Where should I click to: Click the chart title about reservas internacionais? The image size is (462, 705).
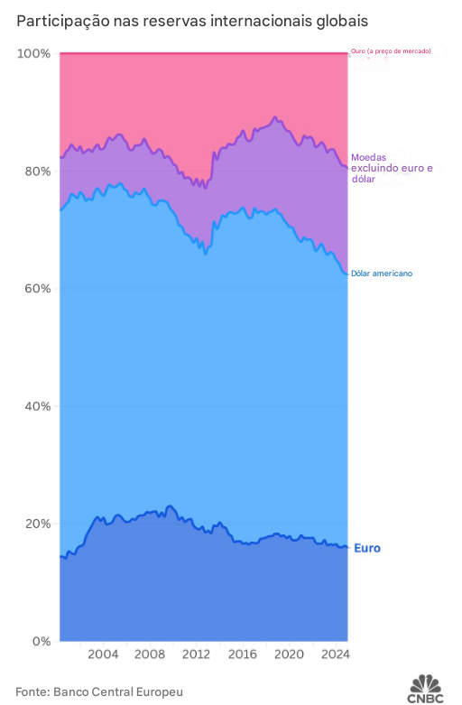(192, 22)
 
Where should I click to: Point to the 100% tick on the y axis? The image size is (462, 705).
(33, 54)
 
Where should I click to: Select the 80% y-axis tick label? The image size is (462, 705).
(37, 172)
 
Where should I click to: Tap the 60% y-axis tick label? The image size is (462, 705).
(37, 289)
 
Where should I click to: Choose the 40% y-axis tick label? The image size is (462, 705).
(37, 406)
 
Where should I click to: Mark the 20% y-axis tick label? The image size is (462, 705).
(37, 524)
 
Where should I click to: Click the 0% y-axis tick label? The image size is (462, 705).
(41, 642)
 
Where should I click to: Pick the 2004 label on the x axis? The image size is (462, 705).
(103, 654)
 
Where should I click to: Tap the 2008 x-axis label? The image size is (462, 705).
(150, 654)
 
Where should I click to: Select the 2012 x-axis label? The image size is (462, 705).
(196, 654)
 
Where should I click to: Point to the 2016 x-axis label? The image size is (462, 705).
(243, 654)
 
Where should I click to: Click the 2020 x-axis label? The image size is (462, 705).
(289, 654)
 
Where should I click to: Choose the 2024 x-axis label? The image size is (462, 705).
(335, 654)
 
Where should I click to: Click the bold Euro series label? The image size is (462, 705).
(367, 548)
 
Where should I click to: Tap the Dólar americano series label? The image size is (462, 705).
(382, 274)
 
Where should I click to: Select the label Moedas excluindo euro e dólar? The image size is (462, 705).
(392, 168)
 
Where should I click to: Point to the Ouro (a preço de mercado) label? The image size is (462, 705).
(391, 51)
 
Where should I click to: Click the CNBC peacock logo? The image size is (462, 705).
(425, 689)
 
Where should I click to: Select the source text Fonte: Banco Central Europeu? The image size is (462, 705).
(99, 692)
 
